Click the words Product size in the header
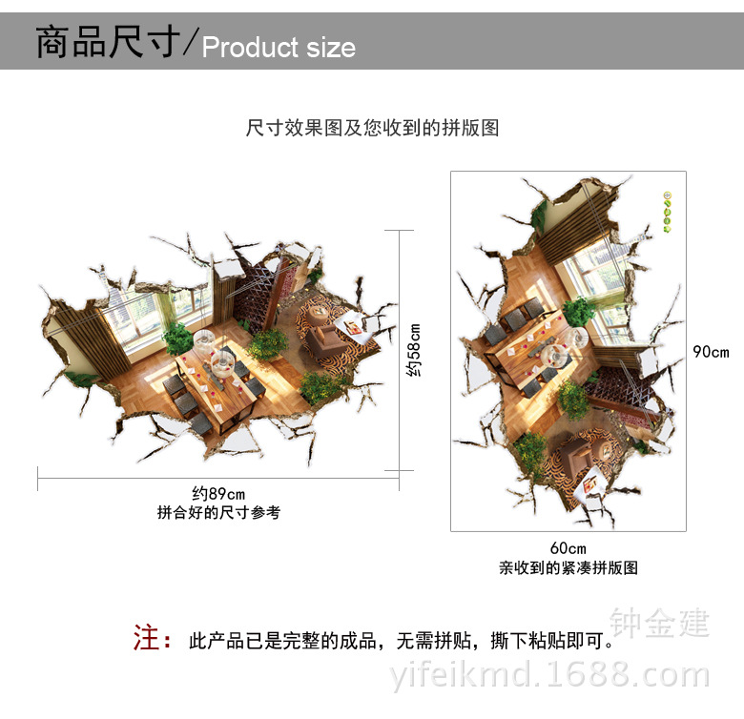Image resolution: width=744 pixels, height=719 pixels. pyautogui.click(x=279, y=48)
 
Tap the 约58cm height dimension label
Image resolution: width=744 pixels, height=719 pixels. pyautogui.click(x=413, y=350)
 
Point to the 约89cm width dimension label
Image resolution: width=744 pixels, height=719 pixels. pyautogui.click(x=218, y=493)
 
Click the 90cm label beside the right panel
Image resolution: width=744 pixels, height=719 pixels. pyautogui.click(x=711, y=352)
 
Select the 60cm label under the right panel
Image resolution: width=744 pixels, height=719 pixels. pyautogui.click(x=568, y=547)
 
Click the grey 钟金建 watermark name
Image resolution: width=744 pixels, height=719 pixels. pyautogui.click(x=660, y=623)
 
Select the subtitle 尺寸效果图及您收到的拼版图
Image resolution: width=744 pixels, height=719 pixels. pyautogui.click(x=372, y=128)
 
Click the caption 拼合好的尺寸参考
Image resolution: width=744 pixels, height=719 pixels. pyautogui.click(x=218, y=512)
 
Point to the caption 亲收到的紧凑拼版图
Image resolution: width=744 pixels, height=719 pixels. pyautogui.click(x=568, y=567)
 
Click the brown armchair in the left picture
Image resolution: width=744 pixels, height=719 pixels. pyautogui.click(x=321, y=336)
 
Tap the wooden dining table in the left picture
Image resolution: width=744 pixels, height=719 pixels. pyautogui.click(x=221, y=372)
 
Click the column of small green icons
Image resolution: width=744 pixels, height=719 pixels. pyautogui.click(x=667, y=214)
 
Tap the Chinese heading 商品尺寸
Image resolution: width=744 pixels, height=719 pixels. pyautogui.click(x=107, y=44)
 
